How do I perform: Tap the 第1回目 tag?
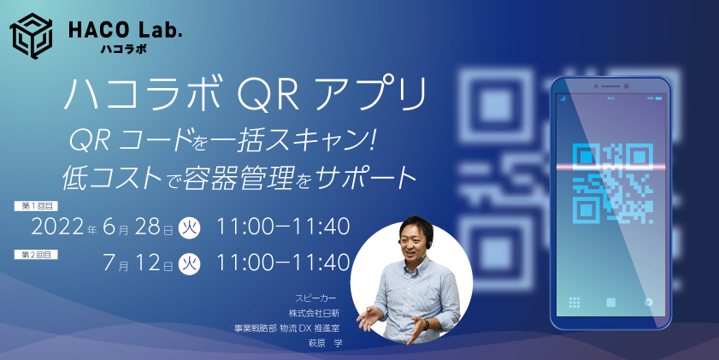(37, 208)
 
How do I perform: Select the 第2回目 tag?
(37, 254)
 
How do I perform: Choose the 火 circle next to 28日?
(189, 228)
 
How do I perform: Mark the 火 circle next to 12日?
(189, 263)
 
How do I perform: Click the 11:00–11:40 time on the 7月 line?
(284, 262)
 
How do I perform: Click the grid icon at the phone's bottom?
(575, 302)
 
